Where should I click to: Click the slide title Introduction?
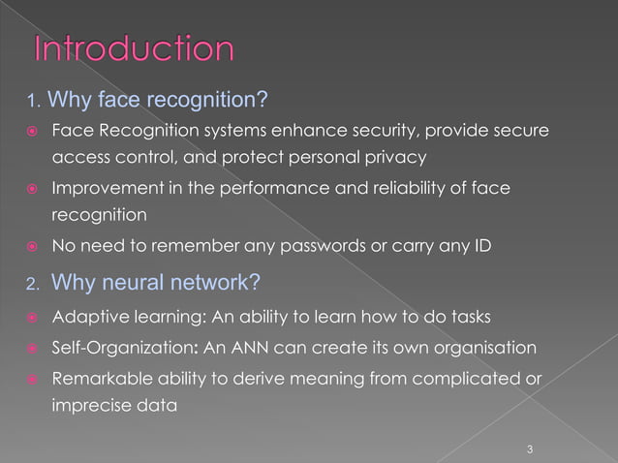(x=134, y=49)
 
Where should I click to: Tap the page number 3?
(x=530, y=448)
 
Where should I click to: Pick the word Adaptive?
(x=84, y=317)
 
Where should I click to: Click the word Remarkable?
(x=100, y=377)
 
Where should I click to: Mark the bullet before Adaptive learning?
(x=32, y=317)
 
